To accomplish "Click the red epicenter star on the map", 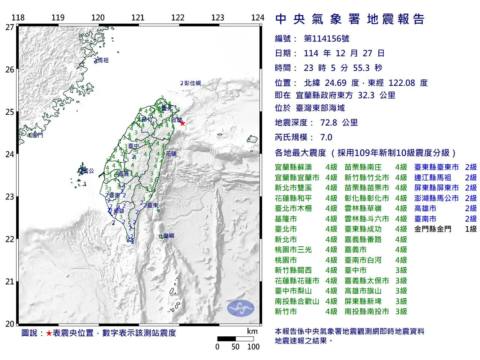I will pos(183,123).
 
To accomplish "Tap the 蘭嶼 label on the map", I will pos(169,236).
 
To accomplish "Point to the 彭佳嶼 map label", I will pos(192,83).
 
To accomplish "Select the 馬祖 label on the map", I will pos(102,60).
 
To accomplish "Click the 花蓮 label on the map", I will pos(171,153).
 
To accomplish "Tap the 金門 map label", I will pos(37,135).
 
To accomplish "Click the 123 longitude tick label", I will pos(217,18).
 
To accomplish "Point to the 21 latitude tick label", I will pos(10,282).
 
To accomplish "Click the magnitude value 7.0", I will pos(326,137).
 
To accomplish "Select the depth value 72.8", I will pos(328,123).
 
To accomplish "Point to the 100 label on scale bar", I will pos(253,346).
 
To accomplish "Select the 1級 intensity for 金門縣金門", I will pos(471,229).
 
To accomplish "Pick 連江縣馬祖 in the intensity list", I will pos(432,178).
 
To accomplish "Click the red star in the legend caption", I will pos(49,333).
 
